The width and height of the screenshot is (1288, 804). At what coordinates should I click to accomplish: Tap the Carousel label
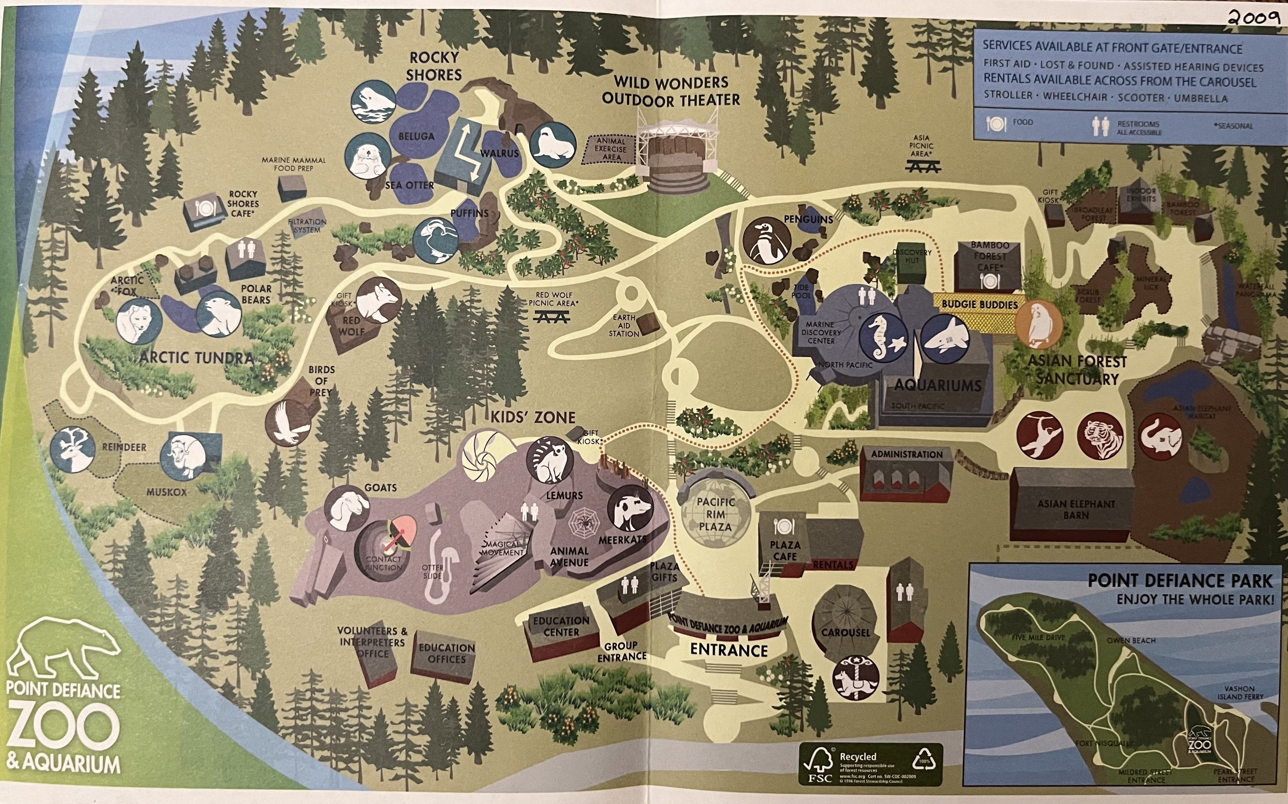click(x=845, y=633)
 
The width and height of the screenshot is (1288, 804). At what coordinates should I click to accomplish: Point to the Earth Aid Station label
click(x=624, y=325)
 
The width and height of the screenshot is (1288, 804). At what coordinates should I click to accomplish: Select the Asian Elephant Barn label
click(x=1076, y=509)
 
